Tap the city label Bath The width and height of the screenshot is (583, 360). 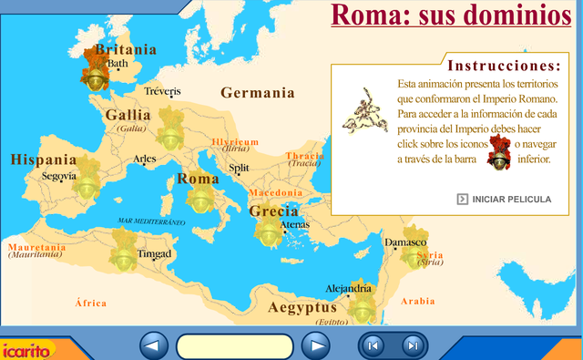point(118,65)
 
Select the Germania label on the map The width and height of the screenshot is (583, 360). point(258,93)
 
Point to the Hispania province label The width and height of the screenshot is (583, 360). point(44,159)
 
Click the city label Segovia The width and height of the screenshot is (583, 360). point(59,176)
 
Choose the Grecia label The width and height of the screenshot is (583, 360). point(274,211)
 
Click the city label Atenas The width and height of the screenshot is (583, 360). point(295,225)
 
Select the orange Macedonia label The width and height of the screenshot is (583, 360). point(275,193)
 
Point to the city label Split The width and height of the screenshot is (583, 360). point(240,168)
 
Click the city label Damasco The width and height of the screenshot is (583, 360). point(406,242)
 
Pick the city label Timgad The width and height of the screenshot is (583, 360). point(154,253)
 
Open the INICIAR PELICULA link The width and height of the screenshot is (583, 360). point(511,199)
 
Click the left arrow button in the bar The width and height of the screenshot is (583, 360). point(155,345)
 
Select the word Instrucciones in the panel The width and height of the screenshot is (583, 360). point(503,67)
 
